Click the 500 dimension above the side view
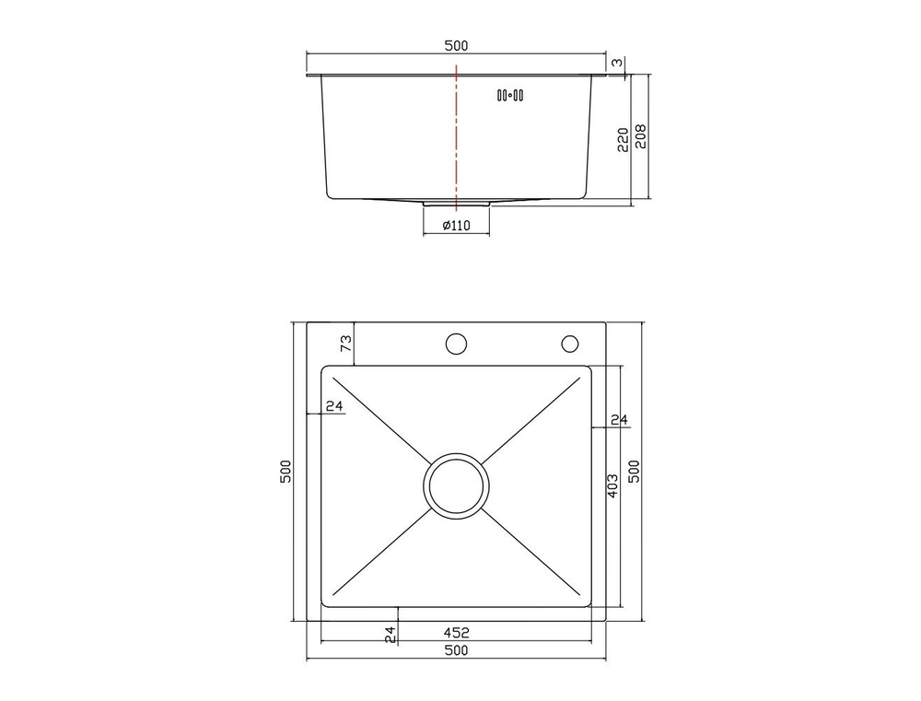coord(456,45)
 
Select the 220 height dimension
coord(623,138)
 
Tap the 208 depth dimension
coord(641,136)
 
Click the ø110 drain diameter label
coord(456,226)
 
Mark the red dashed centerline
coord(456,138)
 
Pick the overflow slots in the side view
coord(510,94)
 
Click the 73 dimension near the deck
coord(346,345)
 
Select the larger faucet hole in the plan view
coord(456,345)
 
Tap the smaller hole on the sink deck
coord(569,345)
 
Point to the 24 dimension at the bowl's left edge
coord(333,406)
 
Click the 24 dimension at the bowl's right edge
coord(618,420)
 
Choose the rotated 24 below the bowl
coord(390,633)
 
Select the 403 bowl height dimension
coord(612,486)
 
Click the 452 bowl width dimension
coord(456,633)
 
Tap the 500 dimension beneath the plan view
coord(456,650)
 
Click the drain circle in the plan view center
coord(456,485)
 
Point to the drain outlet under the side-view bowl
coord(456,203)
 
